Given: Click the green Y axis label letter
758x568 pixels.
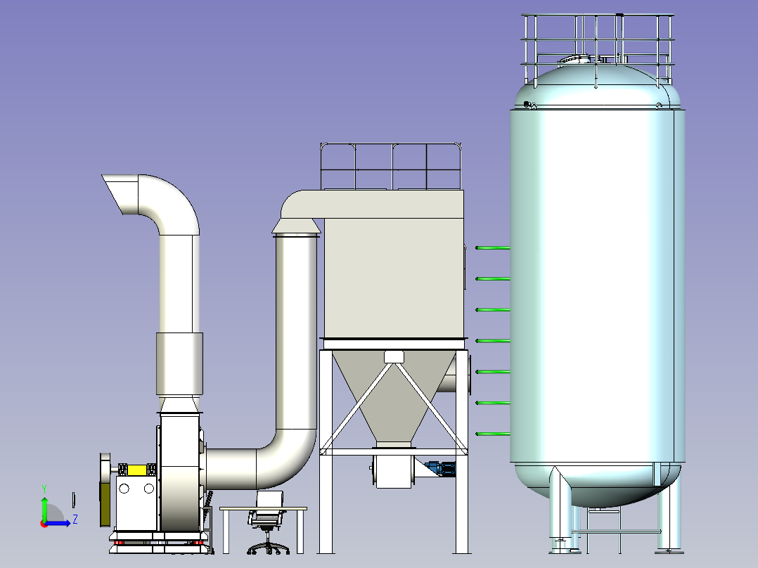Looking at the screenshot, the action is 44,489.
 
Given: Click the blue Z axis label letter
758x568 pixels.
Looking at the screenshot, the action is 75,519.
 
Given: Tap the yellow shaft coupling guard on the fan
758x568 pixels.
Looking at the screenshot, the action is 137,470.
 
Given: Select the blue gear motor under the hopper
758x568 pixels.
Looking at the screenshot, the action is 440,468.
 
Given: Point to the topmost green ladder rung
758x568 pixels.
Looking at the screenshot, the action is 493,248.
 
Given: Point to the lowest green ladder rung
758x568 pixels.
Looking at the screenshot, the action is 493,434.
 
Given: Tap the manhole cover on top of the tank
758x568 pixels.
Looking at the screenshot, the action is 574,60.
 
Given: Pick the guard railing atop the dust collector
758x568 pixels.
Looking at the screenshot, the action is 391,166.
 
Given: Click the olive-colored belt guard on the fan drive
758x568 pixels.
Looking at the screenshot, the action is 105,504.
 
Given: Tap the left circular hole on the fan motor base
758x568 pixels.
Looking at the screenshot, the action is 124,489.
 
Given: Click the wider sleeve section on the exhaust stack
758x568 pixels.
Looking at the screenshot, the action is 179,363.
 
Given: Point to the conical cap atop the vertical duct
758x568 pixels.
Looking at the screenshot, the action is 296,226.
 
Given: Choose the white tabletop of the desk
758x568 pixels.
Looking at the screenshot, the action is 264,509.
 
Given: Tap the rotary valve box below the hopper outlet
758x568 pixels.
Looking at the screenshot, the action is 394,472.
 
